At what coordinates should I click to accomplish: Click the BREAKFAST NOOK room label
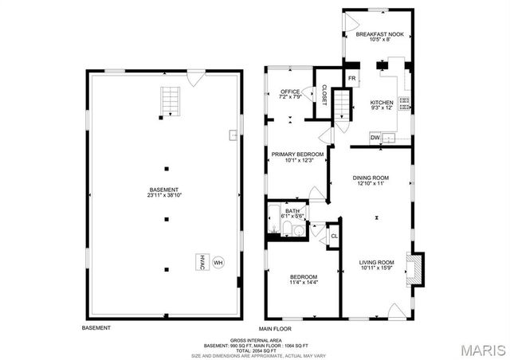(x=379, y=34)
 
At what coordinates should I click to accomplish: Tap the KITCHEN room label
(x=382, y=103)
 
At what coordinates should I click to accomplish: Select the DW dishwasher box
(x=375, y=138)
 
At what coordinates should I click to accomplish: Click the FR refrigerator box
(x=352, y=77)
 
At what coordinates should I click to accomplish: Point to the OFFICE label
(x=290, y=92)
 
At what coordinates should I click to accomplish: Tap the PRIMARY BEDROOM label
(x=297, y=154)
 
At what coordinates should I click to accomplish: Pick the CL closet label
(x=335, y=235)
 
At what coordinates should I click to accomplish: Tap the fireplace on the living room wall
(x=414, y=269)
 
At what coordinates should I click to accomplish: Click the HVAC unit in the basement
(x=202, y=261)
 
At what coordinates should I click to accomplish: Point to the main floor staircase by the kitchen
(x=342, y=103)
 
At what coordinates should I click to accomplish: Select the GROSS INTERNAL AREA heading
(x=254, y=339)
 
